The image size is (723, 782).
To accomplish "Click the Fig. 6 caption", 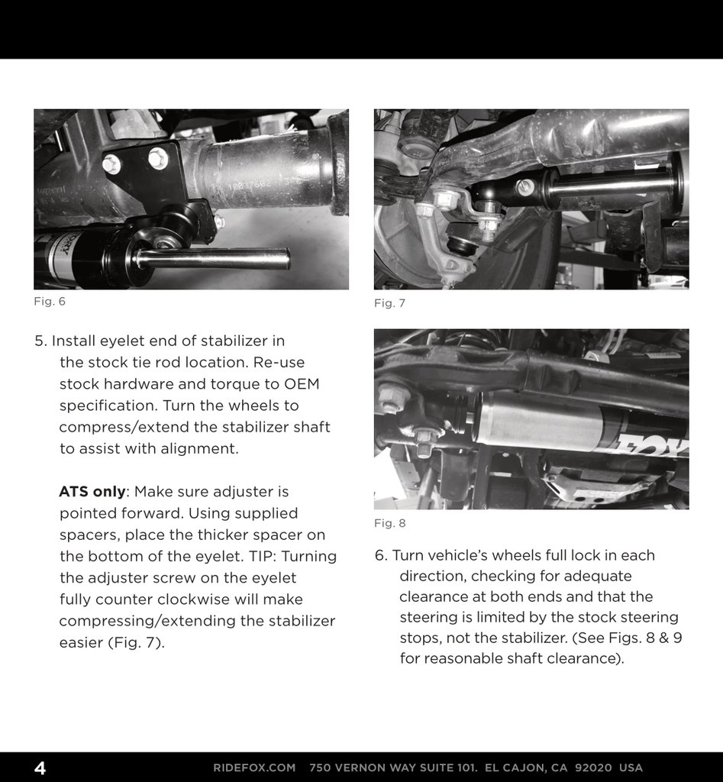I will (x=50, y=302).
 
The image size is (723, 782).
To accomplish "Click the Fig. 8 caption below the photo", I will (x=389, y=524).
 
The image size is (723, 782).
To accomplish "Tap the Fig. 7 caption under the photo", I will (x=389, y=304).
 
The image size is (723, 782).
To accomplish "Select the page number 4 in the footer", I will (x=40, y=767).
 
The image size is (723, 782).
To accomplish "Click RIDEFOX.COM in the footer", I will (x=254, y=767).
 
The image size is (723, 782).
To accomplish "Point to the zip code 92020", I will (x=592, y=767).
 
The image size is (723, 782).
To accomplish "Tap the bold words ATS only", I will (x=92, y=492).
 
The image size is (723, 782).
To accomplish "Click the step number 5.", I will (x=40, y=341).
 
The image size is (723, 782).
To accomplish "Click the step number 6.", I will (x=381, y=556).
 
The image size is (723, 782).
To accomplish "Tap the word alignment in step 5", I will (x=199, y=449).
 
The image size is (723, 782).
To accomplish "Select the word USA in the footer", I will (x=631, y=767).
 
